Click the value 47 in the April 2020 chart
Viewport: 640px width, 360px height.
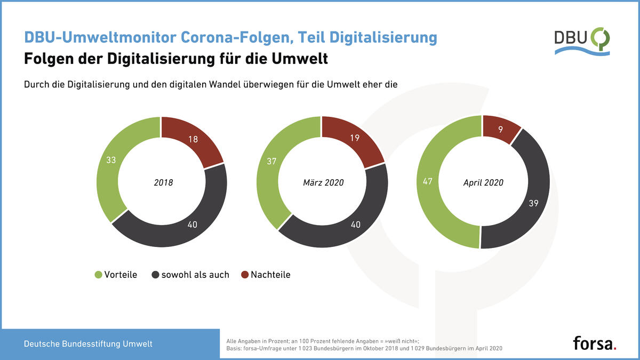tap(427, 182)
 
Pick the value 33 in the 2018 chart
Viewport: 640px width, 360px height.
tap(111, 159)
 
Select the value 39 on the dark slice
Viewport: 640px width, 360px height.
tap(533, 203)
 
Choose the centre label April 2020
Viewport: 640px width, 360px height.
tap(483, 182)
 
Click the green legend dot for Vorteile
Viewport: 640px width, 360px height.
tap(98, 275)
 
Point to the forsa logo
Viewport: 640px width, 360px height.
tap(595, 342)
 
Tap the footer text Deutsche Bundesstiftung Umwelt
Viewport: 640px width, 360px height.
tap(88, 344)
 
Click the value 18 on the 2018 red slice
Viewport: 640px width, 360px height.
tap(194, 140)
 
